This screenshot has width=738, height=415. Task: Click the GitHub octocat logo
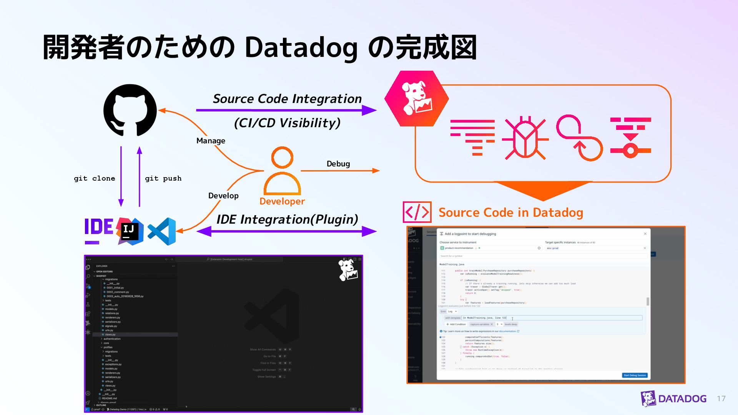(130, 110)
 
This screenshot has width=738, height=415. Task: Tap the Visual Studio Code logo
(162, 231)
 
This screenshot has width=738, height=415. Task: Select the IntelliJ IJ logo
(130, 231)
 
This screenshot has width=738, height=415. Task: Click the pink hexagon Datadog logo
(416, 98)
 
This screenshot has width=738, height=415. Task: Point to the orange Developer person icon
(282, 171)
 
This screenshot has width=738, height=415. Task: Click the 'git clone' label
(95, 178)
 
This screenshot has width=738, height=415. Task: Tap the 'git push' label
(163, 178)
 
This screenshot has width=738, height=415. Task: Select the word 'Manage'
(211, 141)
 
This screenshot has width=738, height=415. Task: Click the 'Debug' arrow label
(338, 164)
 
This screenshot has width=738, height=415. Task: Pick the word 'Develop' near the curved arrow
(223, 196)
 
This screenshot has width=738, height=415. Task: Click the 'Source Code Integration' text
(287, 99)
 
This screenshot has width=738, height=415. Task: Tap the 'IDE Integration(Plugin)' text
(287, 219)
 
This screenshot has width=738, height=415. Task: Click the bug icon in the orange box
(525, 138)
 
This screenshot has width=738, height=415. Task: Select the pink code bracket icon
(417, 212)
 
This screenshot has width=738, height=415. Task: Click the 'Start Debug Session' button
(635, 375)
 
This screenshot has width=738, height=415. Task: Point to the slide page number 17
(721, 398)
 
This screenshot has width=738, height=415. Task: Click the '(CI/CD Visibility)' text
(287, 123)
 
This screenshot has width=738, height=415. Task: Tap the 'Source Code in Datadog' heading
(511, 212)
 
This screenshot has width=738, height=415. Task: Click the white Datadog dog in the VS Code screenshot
(348, 270)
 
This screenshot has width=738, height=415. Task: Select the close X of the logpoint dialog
(645, 234)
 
